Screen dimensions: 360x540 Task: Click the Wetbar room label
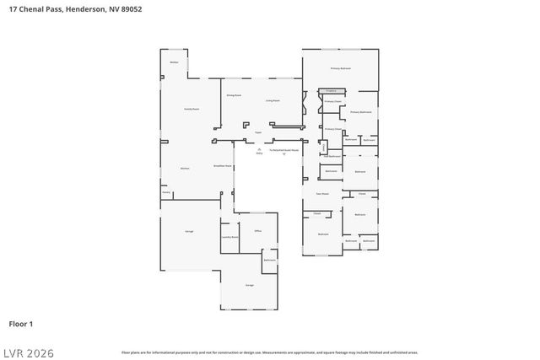(x=174, y=62)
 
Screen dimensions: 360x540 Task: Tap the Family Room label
(x=192, y=109)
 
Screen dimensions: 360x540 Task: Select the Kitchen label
(x=185, y=168)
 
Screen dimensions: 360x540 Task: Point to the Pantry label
(x=166, y=192)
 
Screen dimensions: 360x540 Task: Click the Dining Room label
(x=235, y=95)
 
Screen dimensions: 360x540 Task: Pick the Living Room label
(x=272, y=100)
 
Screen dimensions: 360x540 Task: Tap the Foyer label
(x=260, y=132)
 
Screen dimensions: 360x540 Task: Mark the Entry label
(x=259, y=153)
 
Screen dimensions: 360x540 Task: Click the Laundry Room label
(x=229, y=238)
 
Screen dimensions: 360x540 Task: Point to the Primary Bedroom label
(x=340, y=67)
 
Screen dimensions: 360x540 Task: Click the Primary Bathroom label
(x=361, y=111)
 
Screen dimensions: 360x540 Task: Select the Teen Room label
(x=322, y=193)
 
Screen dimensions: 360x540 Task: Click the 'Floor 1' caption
(x=21, y=323)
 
